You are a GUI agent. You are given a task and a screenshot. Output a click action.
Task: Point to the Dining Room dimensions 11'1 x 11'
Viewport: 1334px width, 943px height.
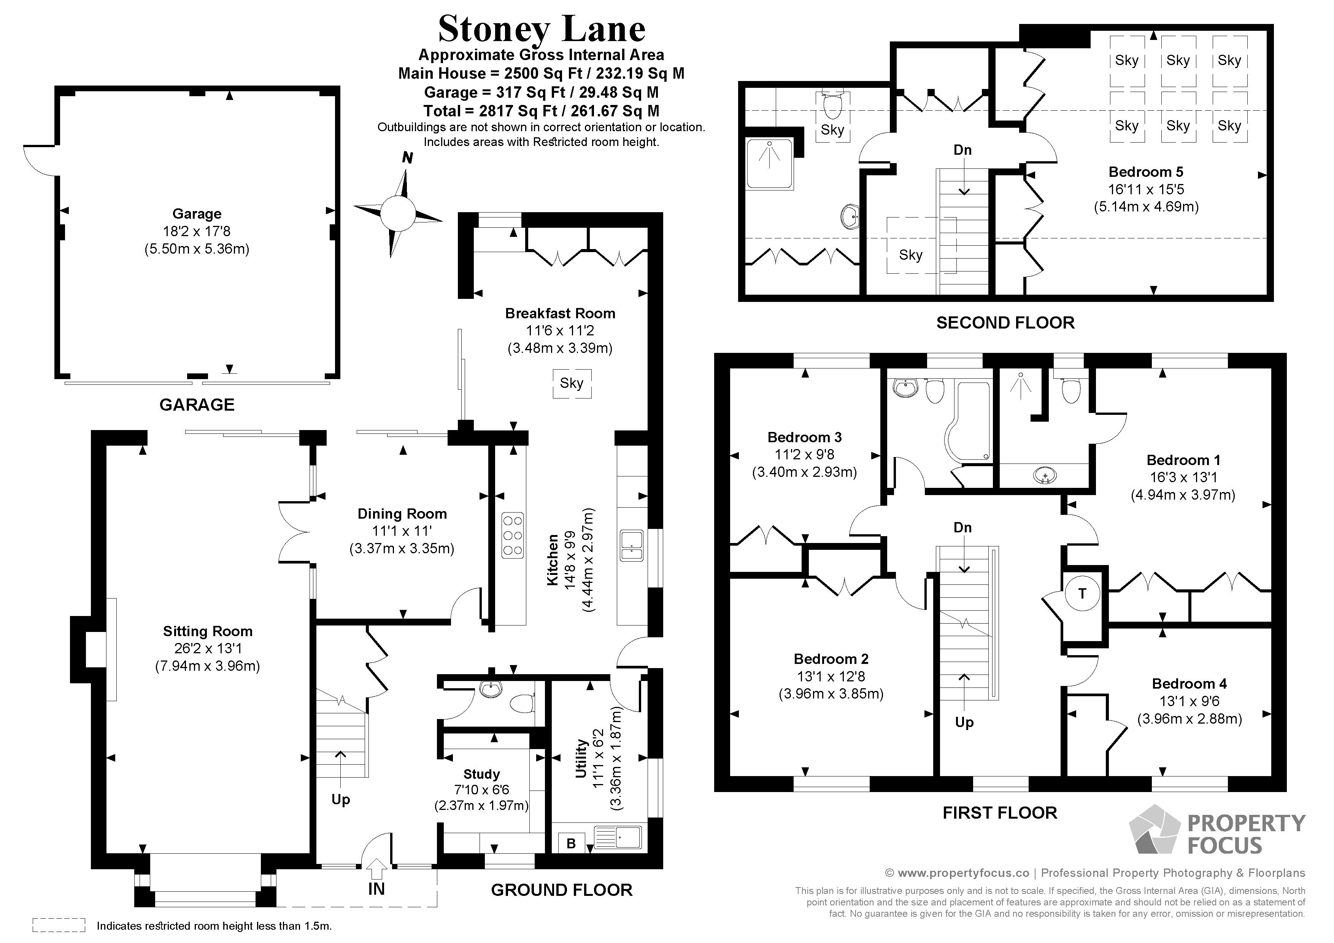point(402,531)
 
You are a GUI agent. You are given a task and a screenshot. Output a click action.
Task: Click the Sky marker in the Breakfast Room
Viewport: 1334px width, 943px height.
point(572,384)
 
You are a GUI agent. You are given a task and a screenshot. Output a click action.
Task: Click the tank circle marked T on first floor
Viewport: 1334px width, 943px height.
point(1082,594)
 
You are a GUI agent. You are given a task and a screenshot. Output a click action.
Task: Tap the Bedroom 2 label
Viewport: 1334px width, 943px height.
point(831,659)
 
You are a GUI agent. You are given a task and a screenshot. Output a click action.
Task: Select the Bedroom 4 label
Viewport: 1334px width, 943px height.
point(1189,684)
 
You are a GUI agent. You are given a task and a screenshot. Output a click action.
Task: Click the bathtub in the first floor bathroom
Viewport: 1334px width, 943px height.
point(967,419)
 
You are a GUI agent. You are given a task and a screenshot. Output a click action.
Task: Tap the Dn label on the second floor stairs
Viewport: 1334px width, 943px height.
point(962,150)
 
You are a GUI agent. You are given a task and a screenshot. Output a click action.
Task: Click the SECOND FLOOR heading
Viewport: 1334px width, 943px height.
point(1005,323)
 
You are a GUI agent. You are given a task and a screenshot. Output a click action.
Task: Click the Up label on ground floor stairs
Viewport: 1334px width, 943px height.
point(340,800)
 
